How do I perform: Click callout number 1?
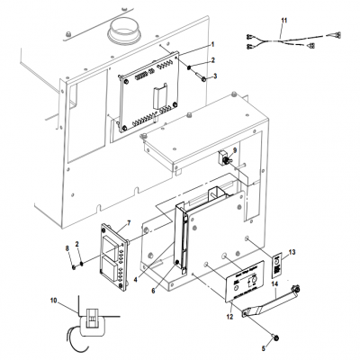(212, 43)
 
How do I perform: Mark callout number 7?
(129, 222)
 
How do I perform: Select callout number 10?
(53, 301)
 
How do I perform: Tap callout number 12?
(229, 317)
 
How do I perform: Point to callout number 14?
(274, 285)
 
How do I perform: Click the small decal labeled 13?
(276, 263)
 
